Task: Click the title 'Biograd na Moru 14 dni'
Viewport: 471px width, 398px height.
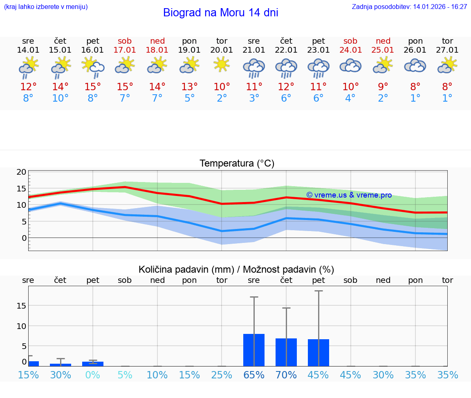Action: [x=220, y=13]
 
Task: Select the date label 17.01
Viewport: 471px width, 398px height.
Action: [x=125, y=50]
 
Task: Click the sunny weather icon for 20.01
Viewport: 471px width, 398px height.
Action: [x=222, y=65]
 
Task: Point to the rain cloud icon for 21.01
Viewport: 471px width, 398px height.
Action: [x=253, y=68]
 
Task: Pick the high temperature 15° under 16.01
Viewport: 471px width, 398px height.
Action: [x=93, y=87]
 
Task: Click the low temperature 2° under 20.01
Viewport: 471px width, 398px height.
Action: [x=222, y=98]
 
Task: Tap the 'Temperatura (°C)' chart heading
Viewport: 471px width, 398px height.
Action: [x=237, y=164]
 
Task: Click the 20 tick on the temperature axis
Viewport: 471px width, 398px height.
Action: [x=21, y=172]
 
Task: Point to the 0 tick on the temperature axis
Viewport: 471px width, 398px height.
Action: [x=24, y=238]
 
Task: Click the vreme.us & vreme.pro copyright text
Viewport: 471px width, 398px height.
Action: [x=349, y=195]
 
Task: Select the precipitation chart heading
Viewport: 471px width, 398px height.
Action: [x=236, y=269]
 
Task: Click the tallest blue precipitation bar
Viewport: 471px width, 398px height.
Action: [x=254, y=350]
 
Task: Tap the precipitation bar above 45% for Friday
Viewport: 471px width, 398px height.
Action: [x=318, y=352]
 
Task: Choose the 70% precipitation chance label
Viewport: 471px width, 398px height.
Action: [x=286, y=375]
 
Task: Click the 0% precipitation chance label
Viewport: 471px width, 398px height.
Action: [x=93, y=375]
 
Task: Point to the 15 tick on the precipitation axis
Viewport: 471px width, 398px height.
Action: [x=21, y=306]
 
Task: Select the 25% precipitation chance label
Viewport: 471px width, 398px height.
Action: [x=222, y=375]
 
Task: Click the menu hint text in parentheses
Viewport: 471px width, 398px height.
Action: [x=46, y=7]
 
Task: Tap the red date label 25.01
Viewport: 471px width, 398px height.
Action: [x=383, y=50]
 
